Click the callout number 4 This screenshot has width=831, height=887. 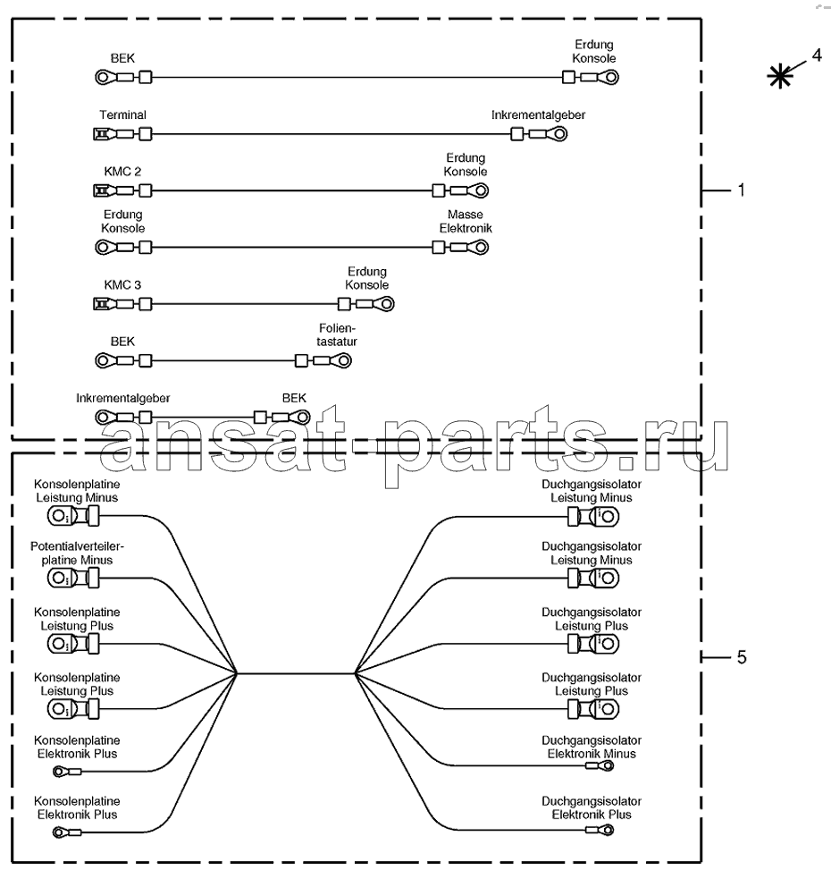pyautogui.click(x=817, y=55)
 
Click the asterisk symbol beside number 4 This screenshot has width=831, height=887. pyautogui.click(x=780, y=76)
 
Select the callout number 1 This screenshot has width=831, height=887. pyautogui.click(x=741, y=190)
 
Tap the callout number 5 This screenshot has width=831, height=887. pyautogui.click(x=742, y=657)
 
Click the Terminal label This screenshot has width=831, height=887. pyautogui.click(x=122, y=114)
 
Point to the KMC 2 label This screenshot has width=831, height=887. pyautogui.click(x=122, y=172)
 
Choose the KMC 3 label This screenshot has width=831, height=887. pyautogui.click(x=122, y=284)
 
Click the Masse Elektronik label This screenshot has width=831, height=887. pyautogui.click(x=466, y=221)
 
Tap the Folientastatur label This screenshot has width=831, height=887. pyautogui.click(x=336, y=334)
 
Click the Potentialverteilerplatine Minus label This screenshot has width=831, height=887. pyautogui.click(x=77, y=553)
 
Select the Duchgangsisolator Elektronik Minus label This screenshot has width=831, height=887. pyautogui.click(x=592, y=747)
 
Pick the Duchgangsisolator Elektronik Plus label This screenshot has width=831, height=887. pyautogui.click(x=592, y=807)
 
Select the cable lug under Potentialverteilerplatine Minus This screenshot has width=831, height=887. pyautogui.click(x=73, y=579)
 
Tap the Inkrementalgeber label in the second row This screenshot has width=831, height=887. pyautogui.click(x=538, y=114)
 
